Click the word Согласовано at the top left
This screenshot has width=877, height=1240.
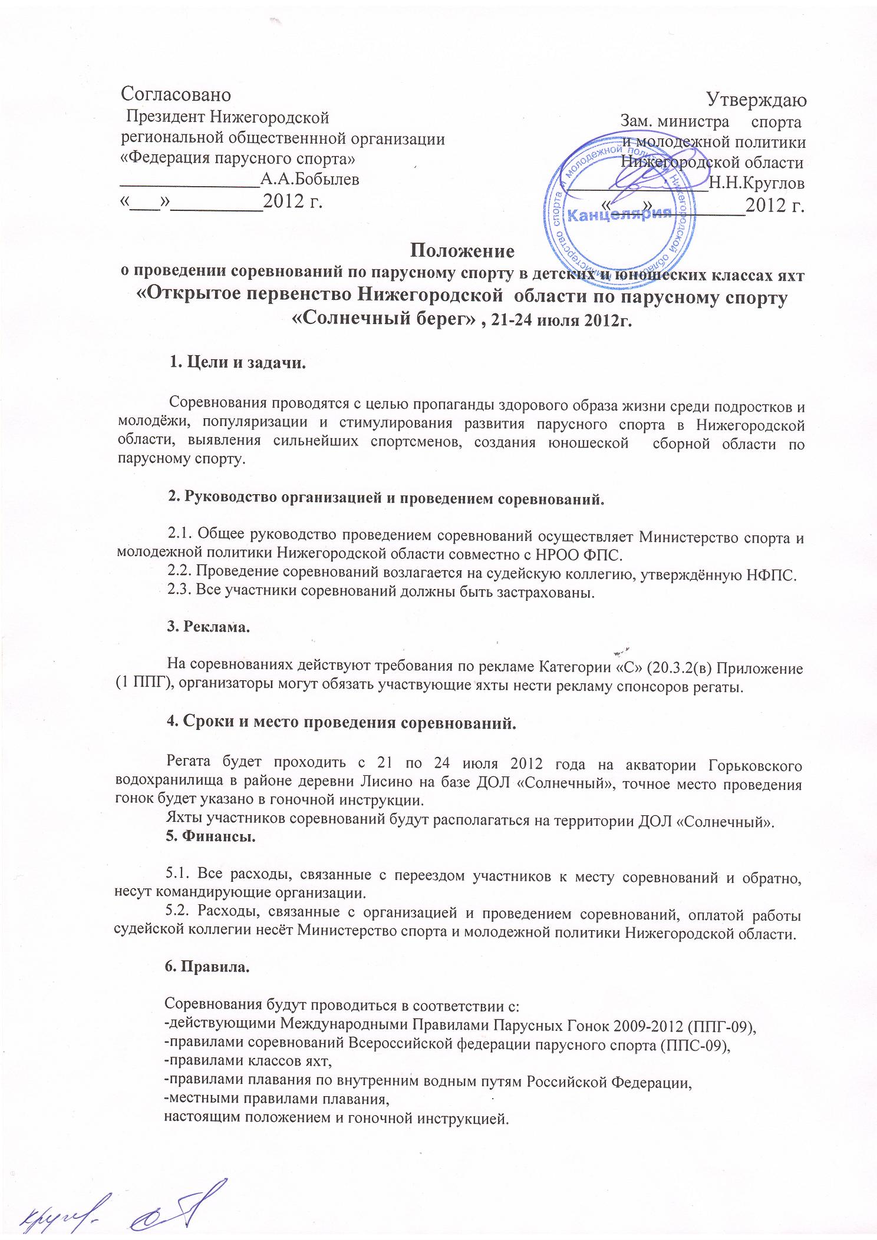(176, 94)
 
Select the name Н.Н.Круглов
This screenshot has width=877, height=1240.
(757, 183)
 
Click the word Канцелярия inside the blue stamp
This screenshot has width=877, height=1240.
(619, 214)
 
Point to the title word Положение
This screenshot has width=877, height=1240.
(462, 251)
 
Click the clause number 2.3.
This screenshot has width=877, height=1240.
(180, 593)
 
